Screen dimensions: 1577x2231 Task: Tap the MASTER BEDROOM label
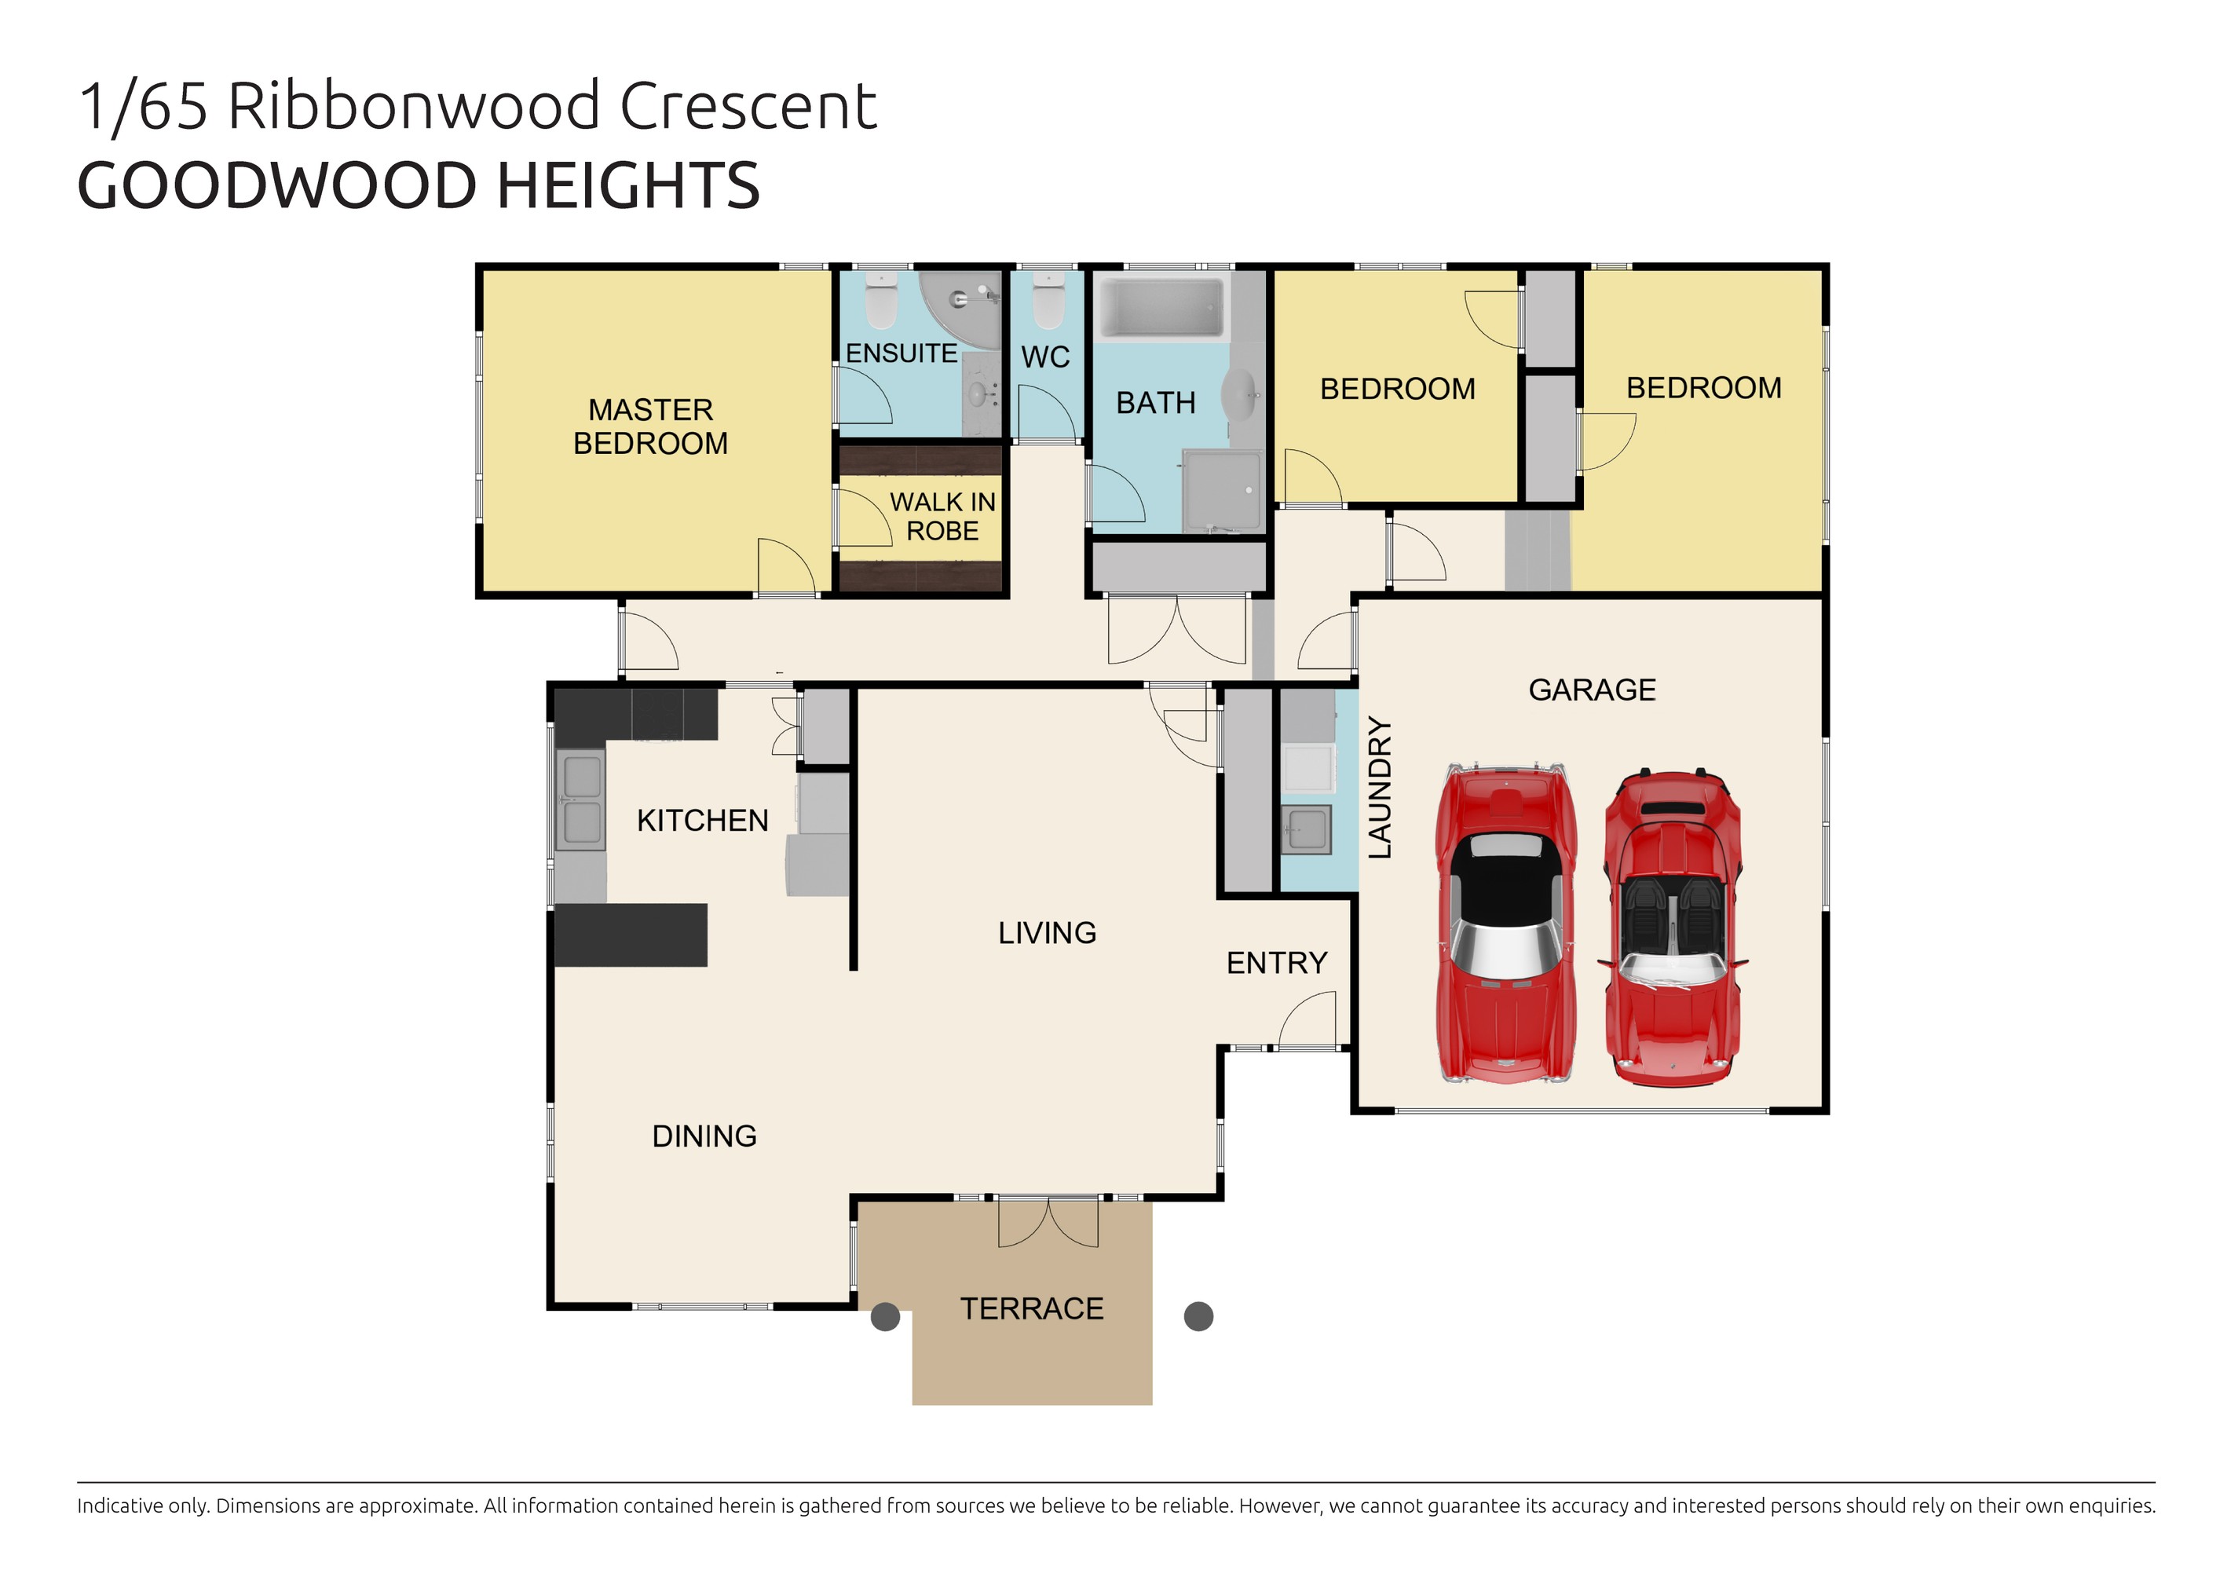pyautogui.click(x=650, y=426)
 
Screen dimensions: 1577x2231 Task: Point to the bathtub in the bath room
pyautogui.click(x=1159, y=308)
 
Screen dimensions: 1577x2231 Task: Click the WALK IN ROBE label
pyautogui.click(x=942, y=517)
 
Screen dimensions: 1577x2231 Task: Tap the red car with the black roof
pyautogui.click(x=1505, y=923)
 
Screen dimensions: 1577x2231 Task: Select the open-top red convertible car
pyautogui.click(x=1671, y=928)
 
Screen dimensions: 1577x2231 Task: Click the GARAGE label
pyautogui.click(x=1591, y=690)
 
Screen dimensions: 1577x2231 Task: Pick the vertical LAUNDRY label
pyautogui.click(x=1379, y=787)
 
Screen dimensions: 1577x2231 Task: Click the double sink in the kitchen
pyautogui.click(x=581, y=799)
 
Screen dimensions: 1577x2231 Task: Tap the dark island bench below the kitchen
pyautogui.click(x=631, y=935)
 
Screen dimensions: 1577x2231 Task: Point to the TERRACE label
pyautogui.click(x=1031, y=1309)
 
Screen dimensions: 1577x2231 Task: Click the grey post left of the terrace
pyautogui.click(x=884, y=1316)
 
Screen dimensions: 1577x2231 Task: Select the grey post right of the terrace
pyautogui.click(x=1198, y=1316)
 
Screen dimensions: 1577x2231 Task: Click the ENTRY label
pyautogui.click(x=1276, y=963)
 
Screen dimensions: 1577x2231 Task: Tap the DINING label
pyautogui.click(x=704, y=1136)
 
